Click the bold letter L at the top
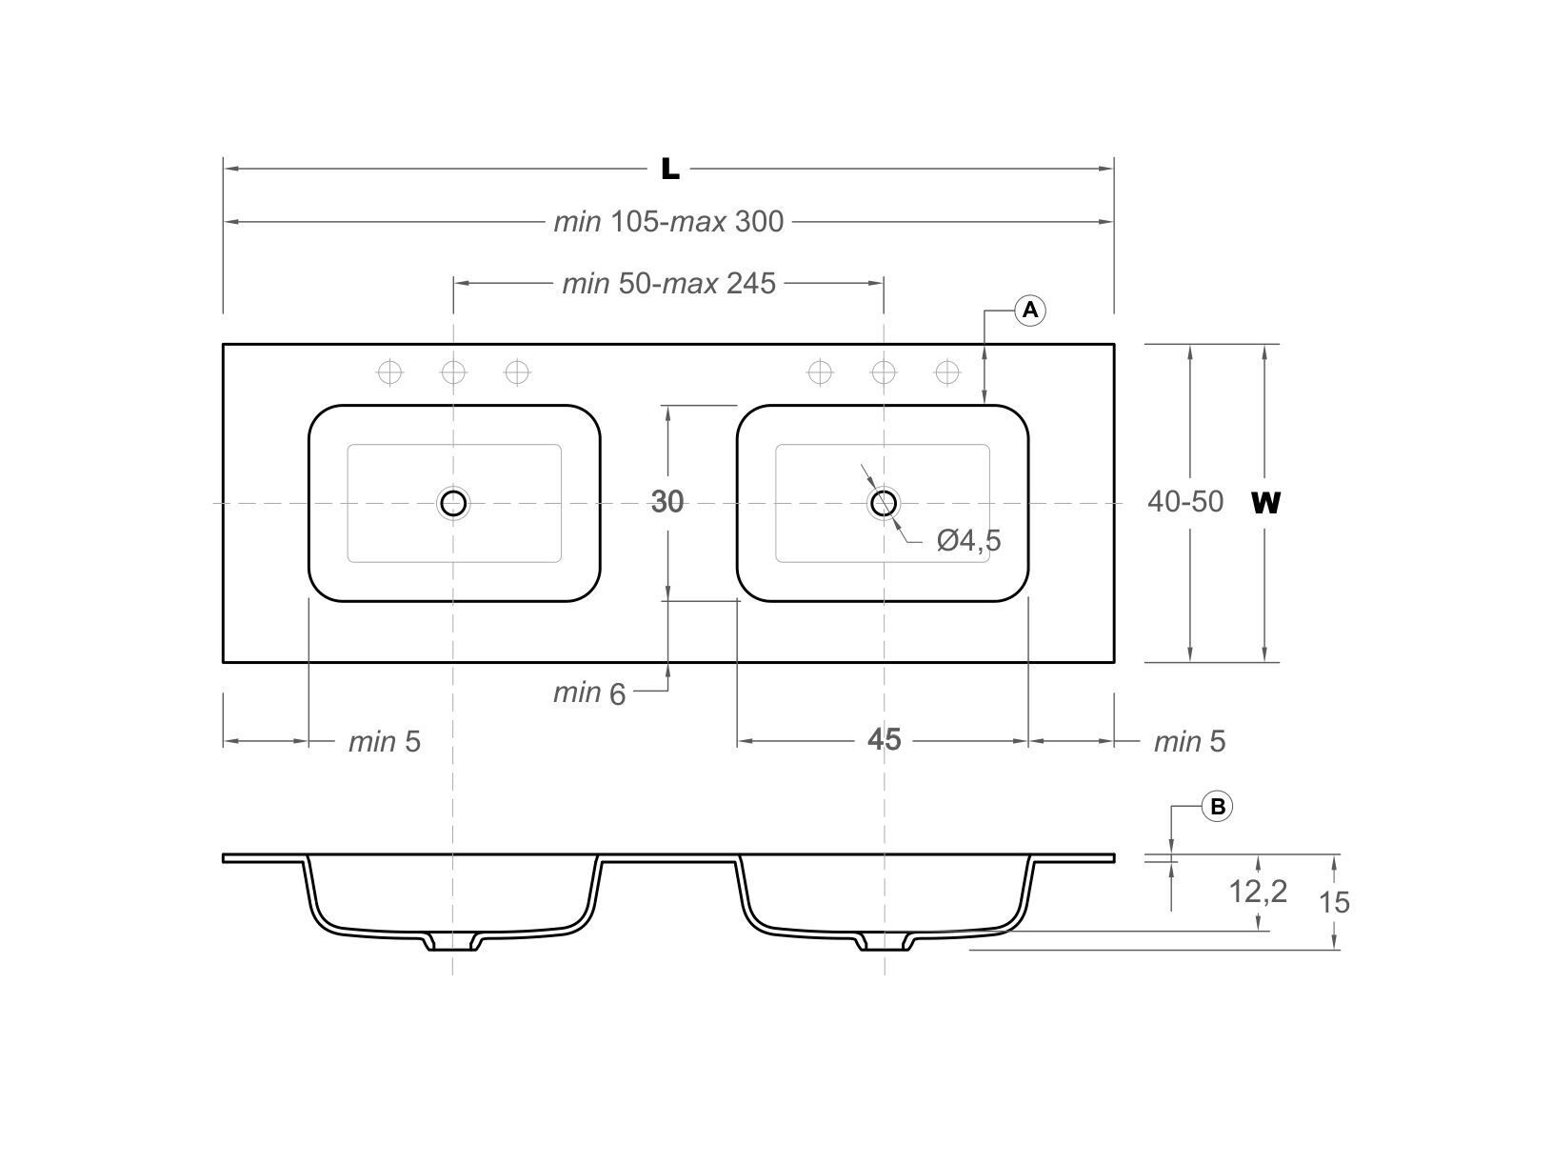point(670,170)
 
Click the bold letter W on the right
point(1265,502)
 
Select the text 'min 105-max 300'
point(668,222)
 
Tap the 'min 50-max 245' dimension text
point(668,284)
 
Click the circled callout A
point(1030,311)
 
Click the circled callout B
point(1217,807)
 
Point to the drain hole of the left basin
point(453,502)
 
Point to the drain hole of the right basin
point(884,502)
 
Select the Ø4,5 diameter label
point(968,541)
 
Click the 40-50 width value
point(1184,501)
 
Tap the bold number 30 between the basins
point(667,501)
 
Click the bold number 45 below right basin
point(884,739)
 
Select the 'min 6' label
point(589,693)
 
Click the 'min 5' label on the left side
point(384,741)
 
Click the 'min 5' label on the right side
point(1189,741)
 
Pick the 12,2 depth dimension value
point(1257,892)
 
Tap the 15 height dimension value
point(1334,901)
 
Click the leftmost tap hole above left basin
point(389,371)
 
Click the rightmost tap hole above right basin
point(947,371)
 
